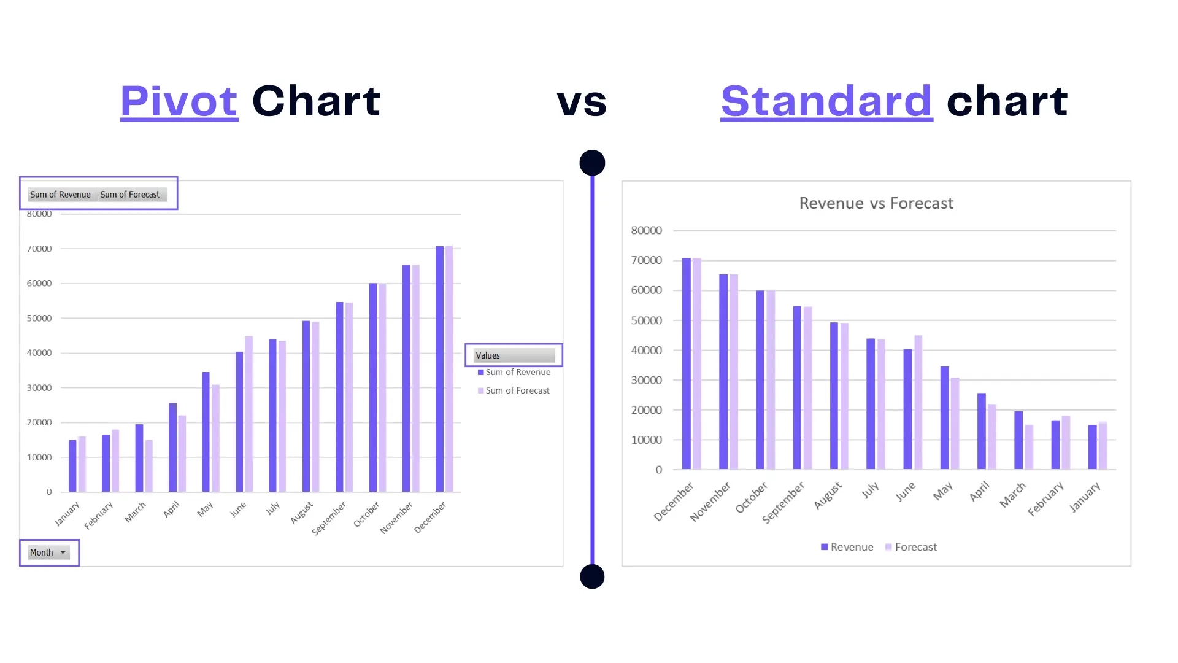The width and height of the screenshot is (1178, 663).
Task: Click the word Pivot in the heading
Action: [x=179, y=101]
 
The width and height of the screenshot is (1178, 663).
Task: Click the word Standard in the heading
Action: [x=826, y=101]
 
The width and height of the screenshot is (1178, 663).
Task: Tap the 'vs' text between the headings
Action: [x=582, y=103]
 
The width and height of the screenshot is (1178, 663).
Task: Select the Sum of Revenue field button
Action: [x=60, y=195]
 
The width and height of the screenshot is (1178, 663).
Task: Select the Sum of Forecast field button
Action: [x=130, y=195]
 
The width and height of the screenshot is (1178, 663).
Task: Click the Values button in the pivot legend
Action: [x=514, y=355]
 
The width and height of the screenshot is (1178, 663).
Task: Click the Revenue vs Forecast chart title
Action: [x=876, y=203]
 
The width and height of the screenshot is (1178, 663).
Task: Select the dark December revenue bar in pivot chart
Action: [x=439, y=368]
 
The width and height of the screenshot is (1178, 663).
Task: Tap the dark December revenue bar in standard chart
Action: [x=687, y=363]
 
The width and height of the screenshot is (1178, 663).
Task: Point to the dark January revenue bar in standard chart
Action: [x=1092, y=447]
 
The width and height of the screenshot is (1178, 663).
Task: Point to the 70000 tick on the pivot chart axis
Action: [x=39, y=249]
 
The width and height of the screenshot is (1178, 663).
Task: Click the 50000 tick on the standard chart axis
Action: [x=647, y=320]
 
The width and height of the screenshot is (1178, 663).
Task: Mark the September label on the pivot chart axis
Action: [x=329, y=518]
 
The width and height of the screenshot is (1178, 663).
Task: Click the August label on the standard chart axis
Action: [x=828, y=495]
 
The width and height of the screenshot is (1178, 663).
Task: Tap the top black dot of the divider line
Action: [x=592, y=163]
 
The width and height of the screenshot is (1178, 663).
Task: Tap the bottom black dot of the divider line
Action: [x=592, y=576]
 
